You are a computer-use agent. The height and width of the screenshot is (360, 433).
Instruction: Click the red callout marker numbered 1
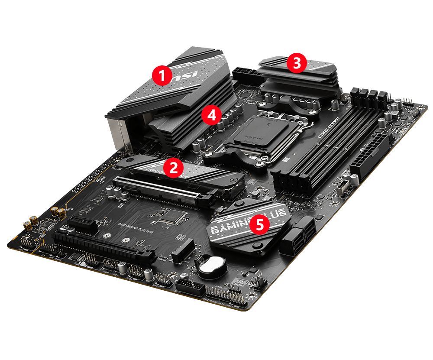(x=162, y=76)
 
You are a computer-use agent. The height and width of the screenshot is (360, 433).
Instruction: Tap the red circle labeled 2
(x=173, y=168)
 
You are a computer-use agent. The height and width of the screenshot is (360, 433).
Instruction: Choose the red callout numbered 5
(x=259, y=224)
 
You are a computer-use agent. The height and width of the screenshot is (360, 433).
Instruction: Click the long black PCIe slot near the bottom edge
(x=104, y=247)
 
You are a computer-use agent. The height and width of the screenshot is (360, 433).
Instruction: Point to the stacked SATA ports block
(x=298, y=239)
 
